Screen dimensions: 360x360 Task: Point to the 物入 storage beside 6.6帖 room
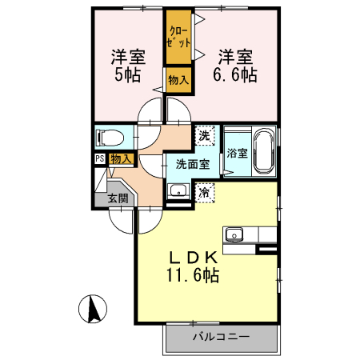pyautogui.click(x=178, y=81)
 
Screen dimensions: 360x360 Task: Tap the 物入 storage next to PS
pyautogui.click(x=121, y=159)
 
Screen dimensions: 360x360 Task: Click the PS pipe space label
pyautogui.click(x=100, y=158)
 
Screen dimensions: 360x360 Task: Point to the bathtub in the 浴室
pyautogui.click(x=264, y=152)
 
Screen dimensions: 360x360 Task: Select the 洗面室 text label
pyautogui.click(x=192, y=164)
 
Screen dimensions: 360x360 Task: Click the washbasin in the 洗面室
pyautogui.click(x=179, y=191)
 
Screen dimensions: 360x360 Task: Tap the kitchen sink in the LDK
pyautogui.click(x=234, y=234)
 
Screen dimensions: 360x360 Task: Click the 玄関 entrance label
pyautogui.click(x=118, y=199)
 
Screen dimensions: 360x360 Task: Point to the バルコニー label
pyautogui.click(x=221, y=337)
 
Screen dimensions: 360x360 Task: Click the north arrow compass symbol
pyautogui.click(x=94, y=308)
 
